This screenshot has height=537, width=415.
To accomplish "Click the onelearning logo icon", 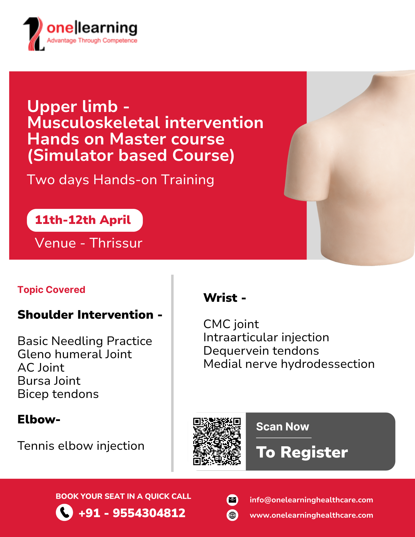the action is coord(34,34).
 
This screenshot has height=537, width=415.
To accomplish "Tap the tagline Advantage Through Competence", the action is coord(92,41).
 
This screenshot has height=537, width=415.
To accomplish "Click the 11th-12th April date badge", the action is coord(85,220).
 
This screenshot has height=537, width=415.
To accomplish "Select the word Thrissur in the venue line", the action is coord(116,243).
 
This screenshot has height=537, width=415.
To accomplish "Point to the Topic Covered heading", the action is coord(51,290).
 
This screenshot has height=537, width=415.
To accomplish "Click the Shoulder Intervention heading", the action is coord(90,315).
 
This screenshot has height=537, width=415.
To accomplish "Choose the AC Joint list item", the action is coord(41,368).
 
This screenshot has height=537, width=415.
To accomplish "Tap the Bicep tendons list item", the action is coord(58,394).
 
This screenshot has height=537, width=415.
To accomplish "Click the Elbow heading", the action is coord(39,419).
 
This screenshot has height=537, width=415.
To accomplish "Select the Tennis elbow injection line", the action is coord(81,446).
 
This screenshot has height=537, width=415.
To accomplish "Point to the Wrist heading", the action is coord(225,298).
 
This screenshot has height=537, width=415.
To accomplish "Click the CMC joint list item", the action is coord(231,324).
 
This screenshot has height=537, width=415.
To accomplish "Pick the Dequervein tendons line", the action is coord(261,351).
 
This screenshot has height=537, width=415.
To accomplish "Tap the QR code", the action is coord(217,441).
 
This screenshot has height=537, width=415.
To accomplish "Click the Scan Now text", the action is coord(283,427).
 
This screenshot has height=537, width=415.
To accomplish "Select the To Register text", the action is coord(302,452).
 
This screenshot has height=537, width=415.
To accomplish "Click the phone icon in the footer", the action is coord(64,512).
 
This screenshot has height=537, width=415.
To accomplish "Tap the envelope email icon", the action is coord(232,500).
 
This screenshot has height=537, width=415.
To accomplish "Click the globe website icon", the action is coord(232,515).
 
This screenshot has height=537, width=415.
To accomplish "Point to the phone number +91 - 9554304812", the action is coord(132,513).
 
